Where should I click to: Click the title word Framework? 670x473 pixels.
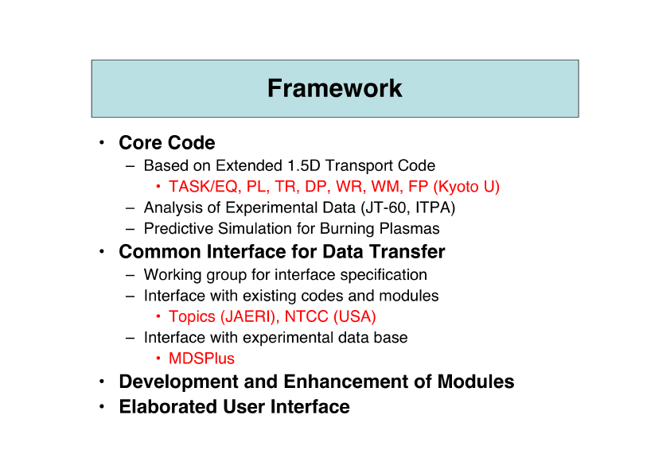pos(334,88)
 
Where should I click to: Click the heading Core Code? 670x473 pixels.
pos(167,142)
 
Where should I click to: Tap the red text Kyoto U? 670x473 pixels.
pos(466,187)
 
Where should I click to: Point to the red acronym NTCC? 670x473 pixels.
pos(306,316)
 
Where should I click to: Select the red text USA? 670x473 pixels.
pos(354,316)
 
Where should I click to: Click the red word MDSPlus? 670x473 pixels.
pos(201,359)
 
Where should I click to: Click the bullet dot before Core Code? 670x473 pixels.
pos(102,142)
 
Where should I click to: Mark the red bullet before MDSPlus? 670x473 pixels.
pos(158,359)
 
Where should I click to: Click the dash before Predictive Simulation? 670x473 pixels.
pos(130,229)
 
